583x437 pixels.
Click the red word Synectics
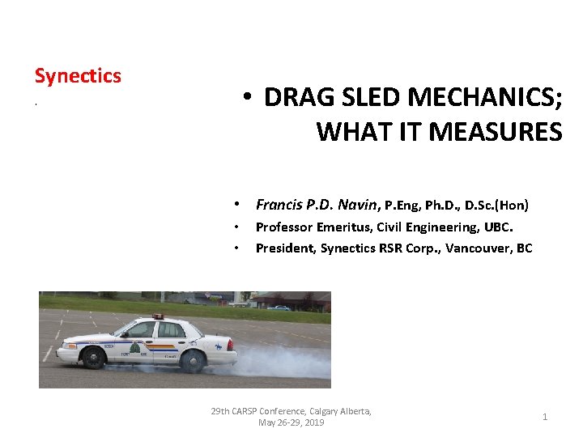[x=78, y=76]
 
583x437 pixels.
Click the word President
[x=283, y=248]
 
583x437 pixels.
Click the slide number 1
[x=545, y=417]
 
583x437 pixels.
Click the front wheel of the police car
[x=93, y=358]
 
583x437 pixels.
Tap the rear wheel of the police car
[x=192, y=362]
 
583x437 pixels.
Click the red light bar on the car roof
[x=157, y=316]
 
